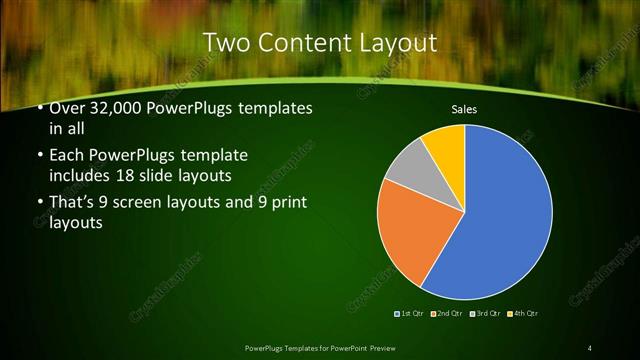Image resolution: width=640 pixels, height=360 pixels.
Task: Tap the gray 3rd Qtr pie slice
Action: click(409, 171)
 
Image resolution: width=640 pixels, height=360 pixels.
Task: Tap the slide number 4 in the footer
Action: click(590, 347)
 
